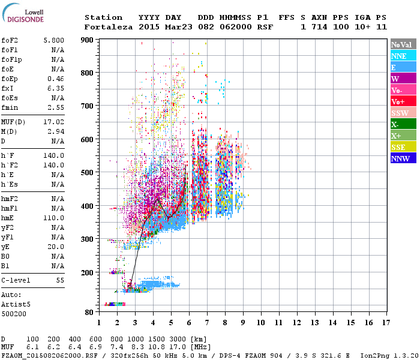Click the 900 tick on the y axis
pos(88,40)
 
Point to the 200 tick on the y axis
pos(88,272)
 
